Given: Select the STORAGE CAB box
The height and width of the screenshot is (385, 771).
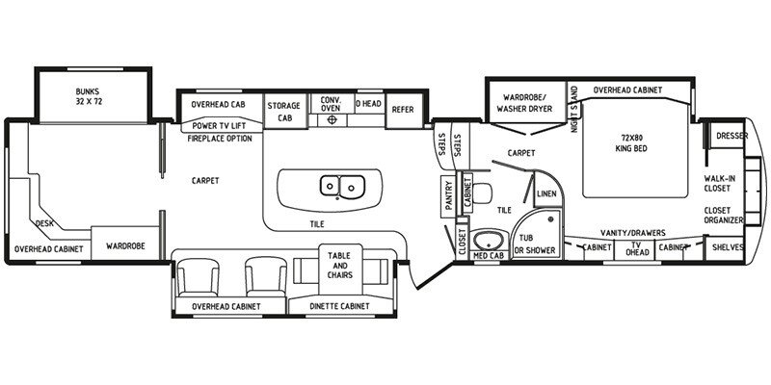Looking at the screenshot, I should tap(283, 111).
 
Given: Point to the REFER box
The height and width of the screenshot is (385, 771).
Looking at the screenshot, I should tap(402, 110).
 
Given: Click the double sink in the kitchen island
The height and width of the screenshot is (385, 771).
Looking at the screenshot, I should tap(341, 183).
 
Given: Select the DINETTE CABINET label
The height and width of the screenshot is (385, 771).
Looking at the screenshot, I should tap(341, 307).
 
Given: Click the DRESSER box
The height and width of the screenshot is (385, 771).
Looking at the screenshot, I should tap(731, 136).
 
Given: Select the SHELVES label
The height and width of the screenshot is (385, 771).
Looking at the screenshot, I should tap(729, 247).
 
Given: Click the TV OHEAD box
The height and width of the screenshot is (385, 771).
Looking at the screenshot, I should tap(635, 247).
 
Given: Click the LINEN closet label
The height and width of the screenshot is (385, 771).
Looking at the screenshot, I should tap(545, 194).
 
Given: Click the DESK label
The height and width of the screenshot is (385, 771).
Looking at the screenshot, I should tap(44, 223).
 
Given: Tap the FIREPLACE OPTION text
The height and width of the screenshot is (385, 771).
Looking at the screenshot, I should tap(220, 139).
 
